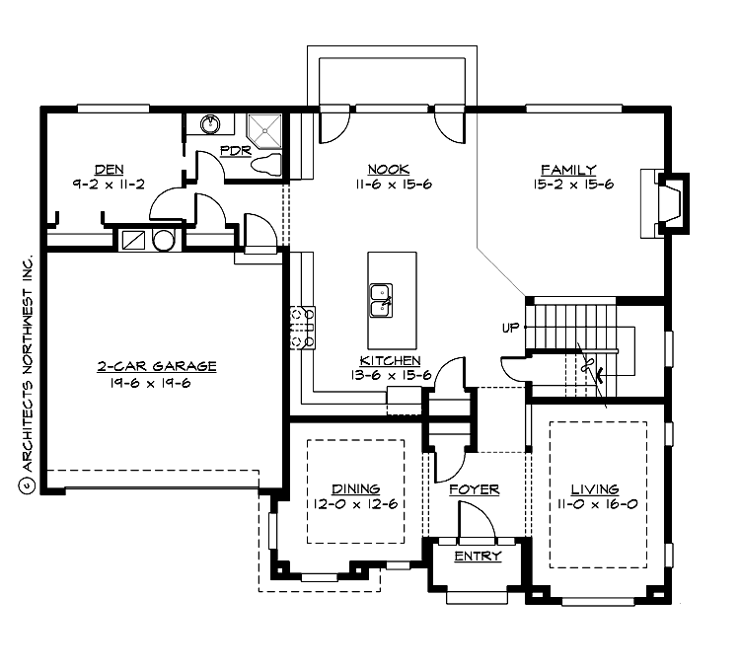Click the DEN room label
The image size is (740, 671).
click(x=108, y=168)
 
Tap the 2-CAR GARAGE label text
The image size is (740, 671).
click(x=156, y=366)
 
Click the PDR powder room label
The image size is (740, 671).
click(x=235, y=151)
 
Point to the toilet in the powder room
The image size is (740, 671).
click(x=267, y=164)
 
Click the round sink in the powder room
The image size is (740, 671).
click(x=210, y=124)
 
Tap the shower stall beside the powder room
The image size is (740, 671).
click(x=264, y=127)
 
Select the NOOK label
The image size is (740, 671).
click(x=388, y=169)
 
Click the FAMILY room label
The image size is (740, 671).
click(x=566, y=169)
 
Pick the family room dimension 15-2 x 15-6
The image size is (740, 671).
click(x=566, y=184)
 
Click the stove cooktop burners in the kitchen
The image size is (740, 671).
click(x=302, y=329)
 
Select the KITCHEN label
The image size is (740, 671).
click(x=390, y=361)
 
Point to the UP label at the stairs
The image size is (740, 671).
click(x=510, y=328)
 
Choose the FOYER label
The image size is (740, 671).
click(x=474, y=489)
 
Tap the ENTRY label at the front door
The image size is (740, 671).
click(x=478, y=557)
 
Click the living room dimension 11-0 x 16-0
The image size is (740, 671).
click(x=595, y=504)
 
